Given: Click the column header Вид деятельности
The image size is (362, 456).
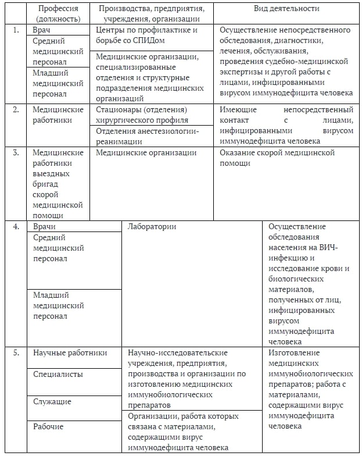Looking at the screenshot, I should [x=286, y=9].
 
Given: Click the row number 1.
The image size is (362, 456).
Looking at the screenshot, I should [x=16, y=29].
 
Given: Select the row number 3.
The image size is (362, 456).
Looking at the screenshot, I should [x=16, y=152].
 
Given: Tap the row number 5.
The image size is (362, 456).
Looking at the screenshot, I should [x=16, y=352].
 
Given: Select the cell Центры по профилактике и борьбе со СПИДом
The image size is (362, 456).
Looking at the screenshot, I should [x=147, y=34].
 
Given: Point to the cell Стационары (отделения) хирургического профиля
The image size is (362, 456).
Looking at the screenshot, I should [x=142, y=115].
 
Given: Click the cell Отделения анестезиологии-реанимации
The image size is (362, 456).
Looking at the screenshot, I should [x=148, y=136].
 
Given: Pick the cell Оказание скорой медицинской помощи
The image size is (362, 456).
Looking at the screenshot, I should [x=277, y=158].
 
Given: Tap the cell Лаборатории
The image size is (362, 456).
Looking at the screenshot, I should [x=152, y=226].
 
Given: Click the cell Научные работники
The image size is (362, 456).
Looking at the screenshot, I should [x=70, y=352].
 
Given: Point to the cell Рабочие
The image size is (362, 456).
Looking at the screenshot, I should [x=49, y=426].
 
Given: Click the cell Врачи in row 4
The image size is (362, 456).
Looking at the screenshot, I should [x=44, y=226].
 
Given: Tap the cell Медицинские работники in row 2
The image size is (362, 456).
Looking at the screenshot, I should [x=56, y=115].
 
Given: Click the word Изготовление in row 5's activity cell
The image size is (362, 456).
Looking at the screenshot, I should [x=294, y=352].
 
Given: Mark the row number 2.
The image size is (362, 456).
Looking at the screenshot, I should [x=16, y=109].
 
